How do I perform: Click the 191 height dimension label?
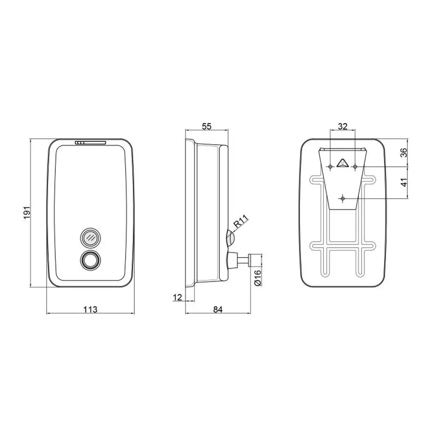27,213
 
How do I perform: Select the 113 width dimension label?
90,309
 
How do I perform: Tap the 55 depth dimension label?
207,126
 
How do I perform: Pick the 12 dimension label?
177,297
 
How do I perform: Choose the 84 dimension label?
218,309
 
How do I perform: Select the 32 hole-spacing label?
343,126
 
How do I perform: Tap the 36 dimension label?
404,152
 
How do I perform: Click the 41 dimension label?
404,182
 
